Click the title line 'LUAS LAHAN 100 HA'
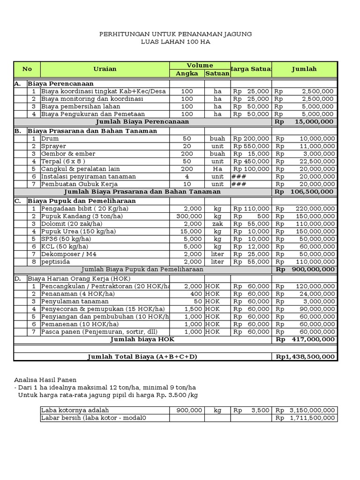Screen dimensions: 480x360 click(176, 42)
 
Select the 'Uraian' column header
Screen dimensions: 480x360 click(105, 69)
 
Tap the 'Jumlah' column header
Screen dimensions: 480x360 click(304, 69)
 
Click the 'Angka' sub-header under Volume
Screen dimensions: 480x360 click(187, 74)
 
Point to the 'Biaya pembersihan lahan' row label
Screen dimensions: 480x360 click(81, 106)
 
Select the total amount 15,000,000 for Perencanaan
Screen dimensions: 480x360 click(311, 121)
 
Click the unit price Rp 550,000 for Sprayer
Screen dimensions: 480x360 click(251, 146)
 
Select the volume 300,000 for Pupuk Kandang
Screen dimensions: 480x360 click(189, 216)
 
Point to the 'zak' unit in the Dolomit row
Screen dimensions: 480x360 click(217, 224)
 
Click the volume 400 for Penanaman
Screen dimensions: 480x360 click(196, 294)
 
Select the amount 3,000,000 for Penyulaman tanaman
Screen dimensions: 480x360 click(318, 301)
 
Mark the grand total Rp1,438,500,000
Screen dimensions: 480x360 click(305, 357)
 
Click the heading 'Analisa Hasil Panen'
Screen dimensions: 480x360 click(45, 380)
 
